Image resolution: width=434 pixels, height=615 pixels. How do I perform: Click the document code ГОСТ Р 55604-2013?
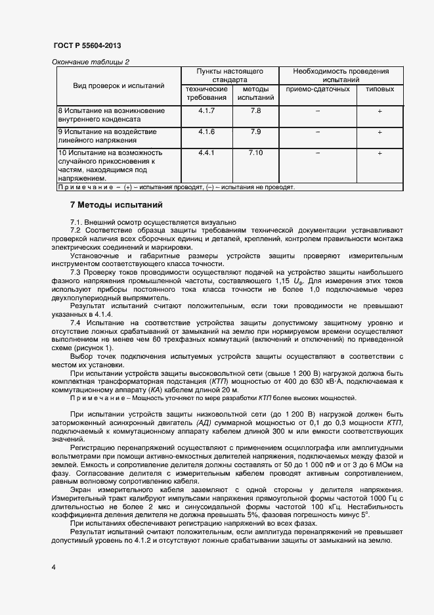(86, 45)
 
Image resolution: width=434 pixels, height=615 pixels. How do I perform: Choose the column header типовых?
(380, 89)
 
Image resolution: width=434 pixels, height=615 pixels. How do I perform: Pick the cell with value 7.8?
(255, 110)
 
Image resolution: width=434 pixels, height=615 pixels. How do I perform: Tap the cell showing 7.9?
(255, 131)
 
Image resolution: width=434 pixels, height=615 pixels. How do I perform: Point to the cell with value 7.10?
(255, 152)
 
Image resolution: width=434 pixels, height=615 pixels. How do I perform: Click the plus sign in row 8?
(380, 111)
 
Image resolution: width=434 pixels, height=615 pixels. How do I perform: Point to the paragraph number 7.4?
(76, 323)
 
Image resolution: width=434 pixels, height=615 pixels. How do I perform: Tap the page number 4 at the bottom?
(53, 566)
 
